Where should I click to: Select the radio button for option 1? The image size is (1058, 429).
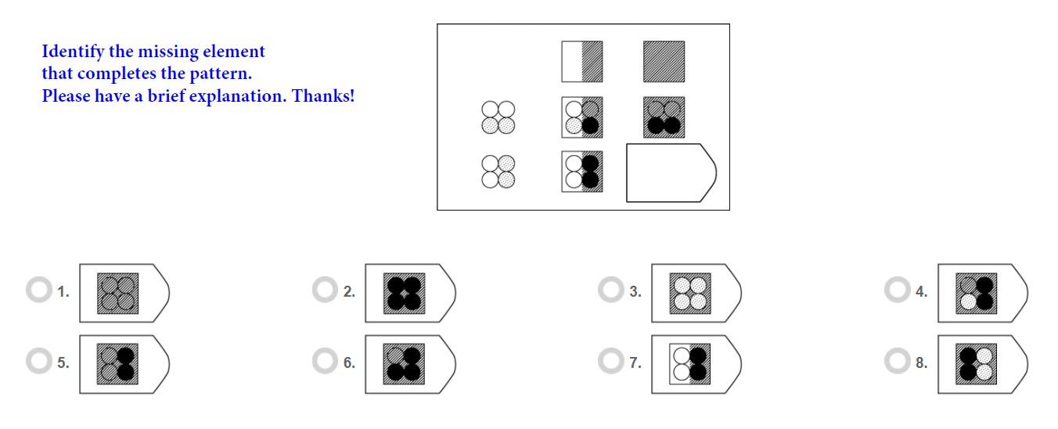(x=38, y=290)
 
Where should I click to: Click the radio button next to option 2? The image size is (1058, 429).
(x=324, y=290)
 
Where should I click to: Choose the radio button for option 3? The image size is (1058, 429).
(x=610, y=290)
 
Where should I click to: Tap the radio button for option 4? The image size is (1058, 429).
(x=897, y=290)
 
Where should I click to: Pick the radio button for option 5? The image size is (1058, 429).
(x=38, y=362)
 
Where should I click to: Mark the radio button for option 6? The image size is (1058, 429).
(x=324, y=362)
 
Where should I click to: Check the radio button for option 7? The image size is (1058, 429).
(x=610, y=362)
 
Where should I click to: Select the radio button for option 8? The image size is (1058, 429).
(x=897, y=362)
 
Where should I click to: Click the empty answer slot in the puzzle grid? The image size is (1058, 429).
(x=669, y=172)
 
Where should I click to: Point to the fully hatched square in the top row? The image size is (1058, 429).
(x=664, y=62)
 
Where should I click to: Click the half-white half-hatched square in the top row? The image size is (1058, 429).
(x=581, y=62)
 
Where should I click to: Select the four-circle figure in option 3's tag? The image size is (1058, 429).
(x=691, y=294)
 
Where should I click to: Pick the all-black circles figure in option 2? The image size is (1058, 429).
(x=405, y=294)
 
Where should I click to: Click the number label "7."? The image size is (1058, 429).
(x=635, y=362)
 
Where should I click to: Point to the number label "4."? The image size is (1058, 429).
(x=921, y=291)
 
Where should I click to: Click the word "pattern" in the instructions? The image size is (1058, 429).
(x=218, y=74)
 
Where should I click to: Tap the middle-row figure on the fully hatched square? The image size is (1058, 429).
(x=664, y=117)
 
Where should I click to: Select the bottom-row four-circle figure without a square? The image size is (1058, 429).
(x=498, y=171)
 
